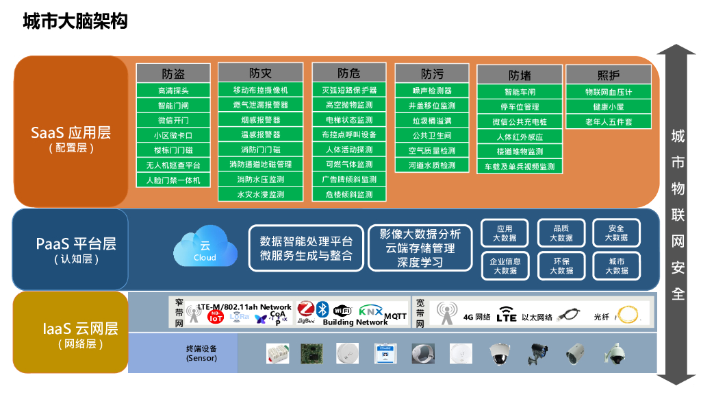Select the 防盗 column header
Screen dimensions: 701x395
pos(173,73)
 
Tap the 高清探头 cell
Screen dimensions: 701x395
pos(173,91)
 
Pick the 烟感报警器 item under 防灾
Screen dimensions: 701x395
pos(260,120)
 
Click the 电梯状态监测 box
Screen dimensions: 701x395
pos(349,120)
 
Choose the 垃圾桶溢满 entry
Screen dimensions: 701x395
pos(431,121)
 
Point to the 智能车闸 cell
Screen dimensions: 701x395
pos(520,92)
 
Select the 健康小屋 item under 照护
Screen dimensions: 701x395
pos(608,107)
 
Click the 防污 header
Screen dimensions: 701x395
pos(431,73)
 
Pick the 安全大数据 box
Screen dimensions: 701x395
pos(616,233)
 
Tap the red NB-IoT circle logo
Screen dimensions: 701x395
pos(215,316)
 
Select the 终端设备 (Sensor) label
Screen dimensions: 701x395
pos(201,353)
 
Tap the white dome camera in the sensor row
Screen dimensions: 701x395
pos(499,354)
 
